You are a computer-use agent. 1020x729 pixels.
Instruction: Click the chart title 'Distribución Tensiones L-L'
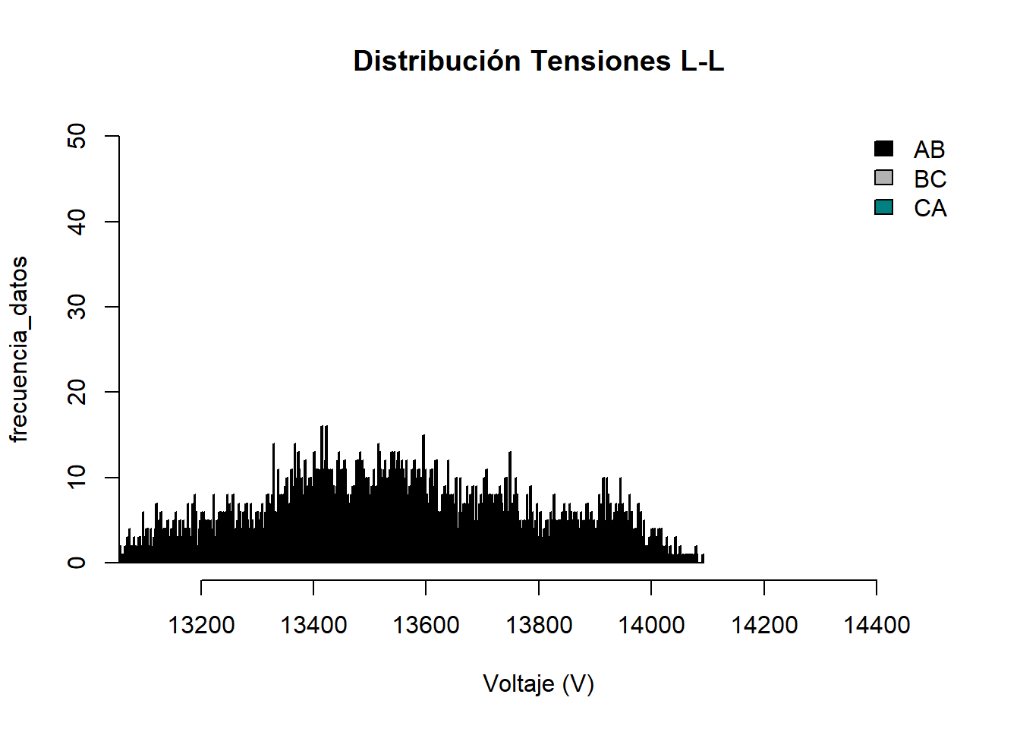pyautogui.click(x=539, y=61)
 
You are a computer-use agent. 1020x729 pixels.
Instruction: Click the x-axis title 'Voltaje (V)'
pyautogui.click(x=538, y=683)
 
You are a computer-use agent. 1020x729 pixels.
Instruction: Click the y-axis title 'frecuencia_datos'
pyautogui.click(x=19, y=349)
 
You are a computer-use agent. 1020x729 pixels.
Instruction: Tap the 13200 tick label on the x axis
pyautogui.click(x=201, y=625)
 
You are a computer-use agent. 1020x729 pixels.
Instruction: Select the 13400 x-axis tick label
pyautogui.click(x=313, y=625)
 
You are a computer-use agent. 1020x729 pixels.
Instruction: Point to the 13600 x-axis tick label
pyautogui.click(x=426, y=625)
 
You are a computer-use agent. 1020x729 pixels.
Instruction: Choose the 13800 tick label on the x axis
pyautogui.click(x=539, y=625)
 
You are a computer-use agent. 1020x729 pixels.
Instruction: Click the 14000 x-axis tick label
pyautogui.click(x=651, y=625)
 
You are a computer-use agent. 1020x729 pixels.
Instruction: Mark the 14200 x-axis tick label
pyautogui.click(x=764, y=625)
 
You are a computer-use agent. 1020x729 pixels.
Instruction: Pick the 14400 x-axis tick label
pyautogui.click(x=877, y=625)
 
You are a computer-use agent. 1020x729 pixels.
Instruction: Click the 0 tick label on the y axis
pyautogui.click(x=77, y=563)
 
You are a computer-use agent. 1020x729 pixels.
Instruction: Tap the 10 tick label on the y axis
pyautogui.click(x=77, y=477)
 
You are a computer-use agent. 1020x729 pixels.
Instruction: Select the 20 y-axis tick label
pyautogui.click(x=77, y=392)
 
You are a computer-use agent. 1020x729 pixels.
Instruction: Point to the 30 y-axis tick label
pyautogui.click(x=77, y=307)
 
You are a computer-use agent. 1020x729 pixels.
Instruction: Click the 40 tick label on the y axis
pyautogui.click(x=77, y=222)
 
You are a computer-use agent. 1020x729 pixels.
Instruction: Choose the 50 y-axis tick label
pyautogui.click(x=77, y=137)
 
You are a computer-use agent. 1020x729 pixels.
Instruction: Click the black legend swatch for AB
pyautogui.click(x=884, y=149)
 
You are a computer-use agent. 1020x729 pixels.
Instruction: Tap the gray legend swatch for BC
pyautogui.click(x=884, y=178)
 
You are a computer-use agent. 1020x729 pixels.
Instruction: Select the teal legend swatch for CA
pyautogui.click(x=884, y=207)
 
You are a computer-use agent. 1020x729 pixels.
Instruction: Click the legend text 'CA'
pyautogui.click(x=930, y=208)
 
